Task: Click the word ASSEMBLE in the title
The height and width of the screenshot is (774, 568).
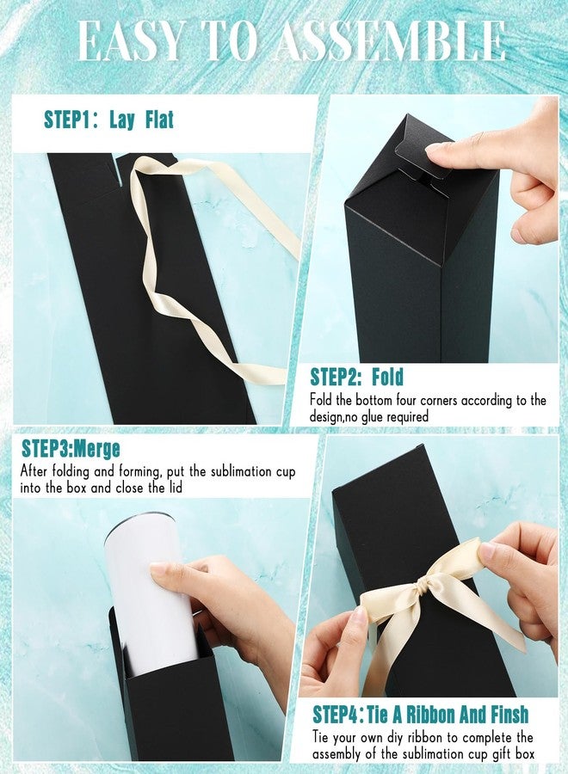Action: click(x=390, y=41)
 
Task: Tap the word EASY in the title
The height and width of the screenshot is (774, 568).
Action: click(x=129, y=41)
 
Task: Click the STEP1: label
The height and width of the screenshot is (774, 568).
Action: click(x=71, y=120)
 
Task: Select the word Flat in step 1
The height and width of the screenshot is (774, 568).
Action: click(x=159, y=120)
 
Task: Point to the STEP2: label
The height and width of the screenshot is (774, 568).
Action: click(x=336, y=377)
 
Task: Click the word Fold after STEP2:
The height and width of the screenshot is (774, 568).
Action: click(x=388, y=377)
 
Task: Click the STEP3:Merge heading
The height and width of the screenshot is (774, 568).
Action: click(x=71, y=449)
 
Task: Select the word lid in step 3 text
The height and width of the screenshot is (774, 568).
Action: click(x=175, y=488)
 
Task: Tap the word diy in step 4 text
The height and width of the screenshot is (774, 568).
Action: click(x=396, y=738)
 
